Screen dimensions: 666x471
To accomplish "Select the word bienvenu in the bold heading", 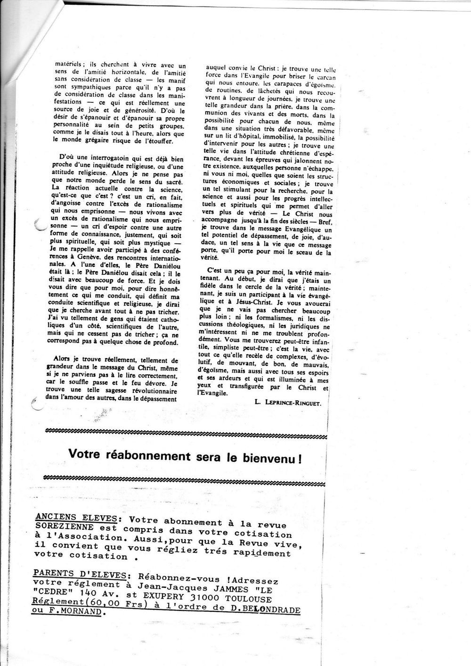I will (x=270, y=456).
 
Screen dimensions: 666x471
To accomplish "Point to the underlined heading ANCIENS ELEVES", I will (x=75, y=518).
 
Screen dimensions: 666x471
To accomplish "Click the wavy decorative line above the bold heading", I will (x=184, y=431).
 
